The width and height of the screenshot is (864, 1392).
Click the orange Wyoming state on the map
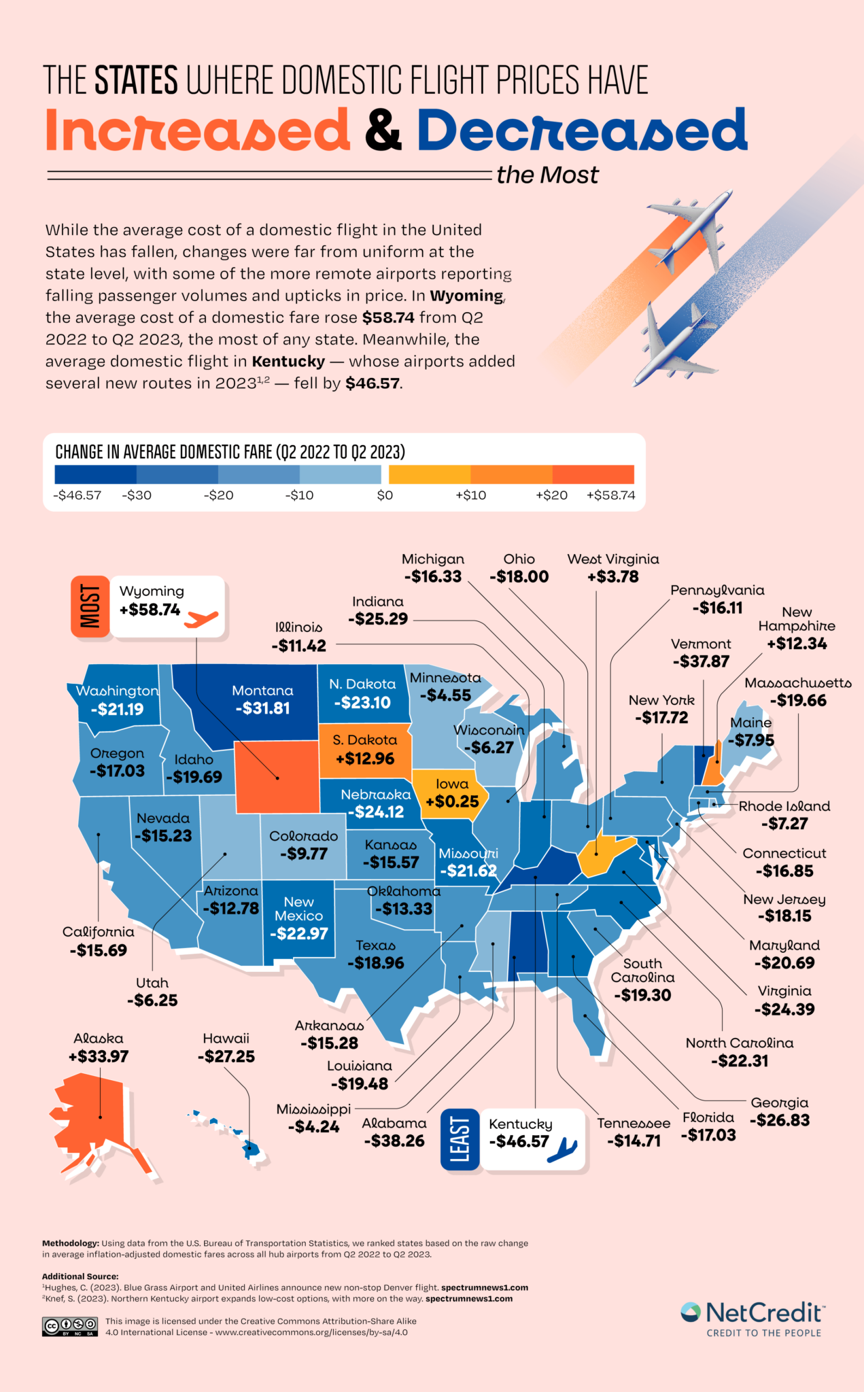coord(276,776)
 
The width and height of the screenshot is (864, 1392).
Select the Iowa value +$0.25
coord(452,801)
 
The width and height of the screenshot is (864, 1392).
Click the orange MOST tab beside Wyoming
coord(90,606)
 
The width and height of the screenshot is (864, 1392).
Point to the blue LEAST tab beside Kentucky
coord(460,1140)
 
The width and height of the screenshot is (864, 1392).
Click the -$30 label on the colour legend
coord(137,495)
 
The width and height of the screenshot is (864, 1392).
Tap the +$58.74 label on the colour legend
coord(610,495)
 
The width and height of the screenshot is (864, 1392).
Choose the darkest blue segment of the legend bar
coord(95,474)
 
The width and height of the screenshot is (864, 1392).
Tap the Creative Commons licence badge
coord(70,1326)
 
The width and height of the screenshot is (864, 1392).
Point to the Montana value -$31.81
coord(262,708)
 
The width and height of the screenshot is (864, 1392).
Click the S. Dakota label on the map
coord(364,740)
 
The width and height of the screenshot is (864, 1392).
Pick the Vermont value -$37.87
coord(701,661)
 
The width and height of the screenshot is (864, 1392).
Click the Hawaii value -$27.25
coord(226,1056)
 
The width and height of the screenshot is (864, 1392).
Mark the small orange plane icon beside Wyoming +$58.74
coord(202,619)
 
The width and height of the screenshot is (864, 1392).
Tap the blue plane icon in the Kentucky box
coord(562,1149)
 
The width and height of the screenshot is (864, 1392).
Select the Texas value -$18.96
coord(375,963)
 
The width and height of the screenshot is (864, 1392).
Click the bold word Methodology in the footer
coord(70,1243)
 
